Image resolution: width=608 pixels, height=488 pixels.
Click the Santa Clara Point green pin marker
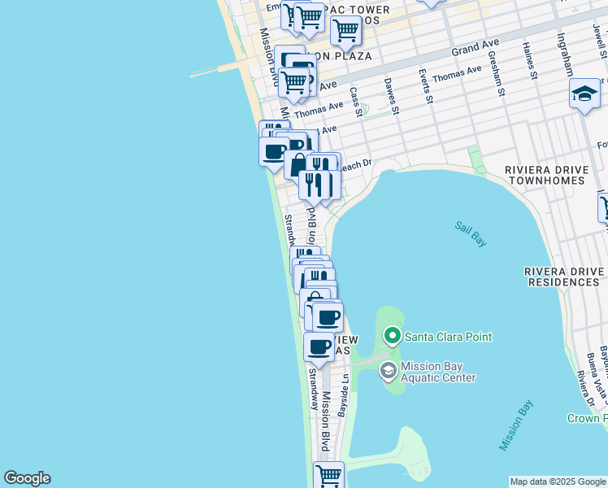coord(393,336)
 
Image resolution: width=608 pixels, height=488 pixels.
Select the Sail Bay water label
coord(470,229)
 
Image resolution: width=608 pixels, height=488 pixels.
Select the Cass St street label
coord(355,102)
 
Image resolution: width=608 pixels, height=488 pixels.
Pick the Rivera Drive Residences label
coord(562,277)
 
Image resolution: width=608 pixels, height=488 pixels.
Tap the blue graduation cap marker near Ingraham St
coord(584,95)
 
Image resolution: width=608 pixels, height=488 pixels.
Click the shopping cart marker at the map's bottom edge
coord(328,476)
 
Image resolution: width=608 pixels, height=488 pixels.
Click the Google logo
coord(27,478)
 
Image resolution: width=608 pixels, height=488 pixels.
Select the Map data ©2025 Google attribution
coord(558,481)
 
